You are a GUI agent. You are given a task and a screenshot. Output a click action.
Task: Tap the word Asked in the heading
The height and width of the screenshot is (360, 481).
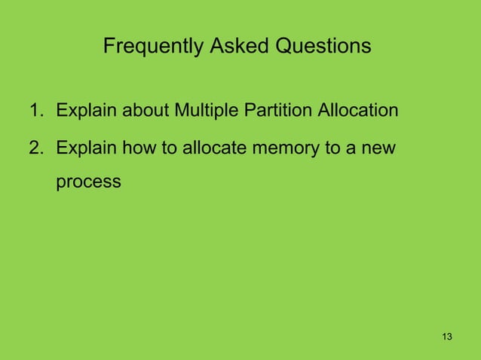tap(225, 47)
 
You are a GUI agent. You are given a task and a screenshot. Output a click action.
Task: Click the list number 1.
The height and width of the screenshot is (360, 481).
tap(35, 112)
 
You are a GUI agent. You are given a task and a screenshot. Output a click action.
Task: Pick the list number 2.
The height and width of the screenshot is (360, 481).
tap(35, 147)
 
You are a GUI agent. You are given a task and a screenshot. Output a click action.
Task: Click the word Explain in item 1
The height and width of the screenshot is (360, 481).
tap(85, 112)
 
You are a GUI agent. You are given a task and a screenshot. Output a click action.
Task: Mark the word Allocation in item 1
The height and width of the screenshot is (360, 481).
tap(358, 112)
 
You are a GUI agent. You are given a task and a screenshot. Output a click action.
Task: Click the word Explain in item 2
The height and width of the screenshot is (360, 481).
tap(85, 147)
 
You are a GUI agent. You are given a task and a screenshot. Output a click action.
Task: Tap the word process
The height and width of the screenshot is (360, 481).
tap(87, 182)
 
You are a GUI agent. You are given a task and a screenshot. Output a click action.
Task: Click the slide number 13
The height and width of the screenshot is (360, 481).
tap(447, 335)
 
